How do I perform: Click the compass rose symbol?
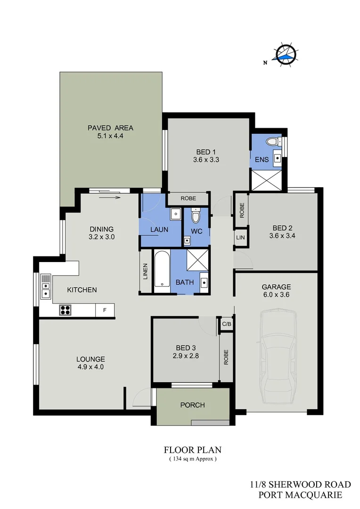coord(285,55)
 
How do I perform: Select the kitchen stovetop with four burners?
coord(65,310)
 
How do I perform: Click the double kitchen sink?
coord(46,287)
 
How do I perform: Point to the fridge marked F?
coord(105,310)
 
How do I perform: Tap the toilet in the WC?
coord(196,217)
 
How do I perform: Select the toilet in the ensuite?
coord(272,141)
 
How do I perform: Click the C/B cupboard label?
coord(226,325)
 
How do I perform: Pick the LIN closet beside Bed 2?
coord(240,238)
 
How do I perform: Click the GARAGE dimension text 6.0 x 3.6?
coord(276,295)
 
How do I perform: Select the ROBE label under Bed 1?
coord(188,199)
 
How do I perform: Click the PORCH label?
coord(192,405)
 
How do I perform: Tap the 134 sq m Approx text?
coord(192,459)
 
